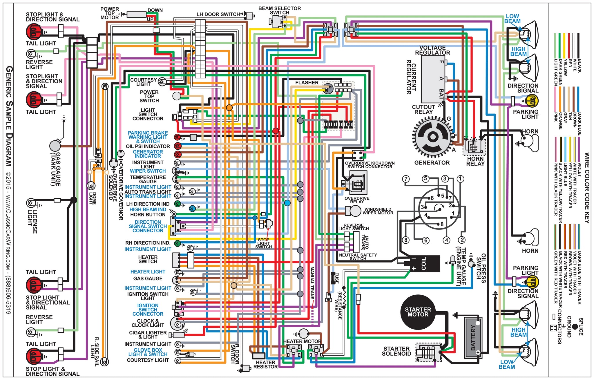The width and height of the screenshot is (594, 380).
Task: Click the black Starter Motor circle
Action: [x=418, y=312]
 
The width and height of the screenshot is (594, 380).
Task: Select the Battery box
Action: [x=473, y=338]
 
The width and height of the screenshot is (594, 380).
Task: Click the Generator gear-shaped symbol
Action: [x=432, y=137]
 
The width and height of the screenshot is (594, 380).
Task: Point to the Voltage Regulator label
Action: [x=432, y=50]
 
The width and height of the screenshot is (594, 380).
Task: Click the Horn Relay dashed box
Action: [x=474, y=146]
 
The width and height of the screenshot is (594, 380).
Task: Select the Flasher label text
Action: [x=307, y=83]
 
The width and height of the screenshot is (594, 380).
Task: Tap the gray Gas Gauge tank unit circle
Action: [x=55, y=146]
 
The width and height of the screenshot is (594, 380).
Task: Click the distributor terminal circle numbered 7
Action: [x=406, y=179]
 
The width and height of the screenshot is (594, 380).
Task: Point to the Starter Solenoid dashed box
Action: [x=429, y=352]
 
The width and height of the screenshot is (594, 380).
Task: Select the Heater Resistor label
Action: [x=265, y=365]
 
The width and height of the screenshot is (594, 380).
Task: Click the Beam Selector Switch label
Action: [x=280, y=10]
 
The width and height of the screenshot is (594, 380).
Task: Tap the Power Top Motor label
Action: [x=110, y=13]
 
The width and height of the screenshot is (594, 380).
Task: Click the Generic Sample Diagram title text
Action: [x=9, y=116]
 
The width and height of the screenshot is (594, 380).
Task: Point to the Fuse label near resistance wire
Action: [x=336, y=278]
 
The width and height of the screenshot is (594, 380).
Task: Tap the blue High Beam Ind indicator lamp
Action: [x=192, y=208]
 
